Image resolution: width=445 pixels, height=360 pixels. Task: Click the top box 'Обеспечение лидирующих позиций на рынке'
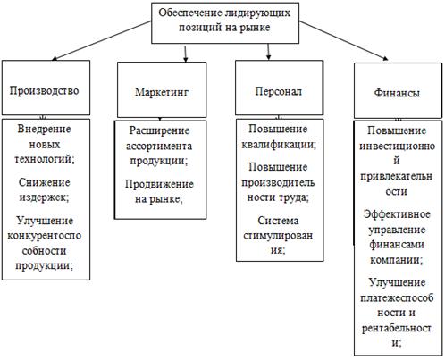point(212,21)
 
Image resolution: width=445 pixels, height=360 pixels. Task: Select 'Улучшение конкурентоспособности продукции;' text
point(46,242)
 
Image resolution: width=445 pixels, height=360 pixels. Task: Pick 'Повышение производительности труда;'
point(273,182)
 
